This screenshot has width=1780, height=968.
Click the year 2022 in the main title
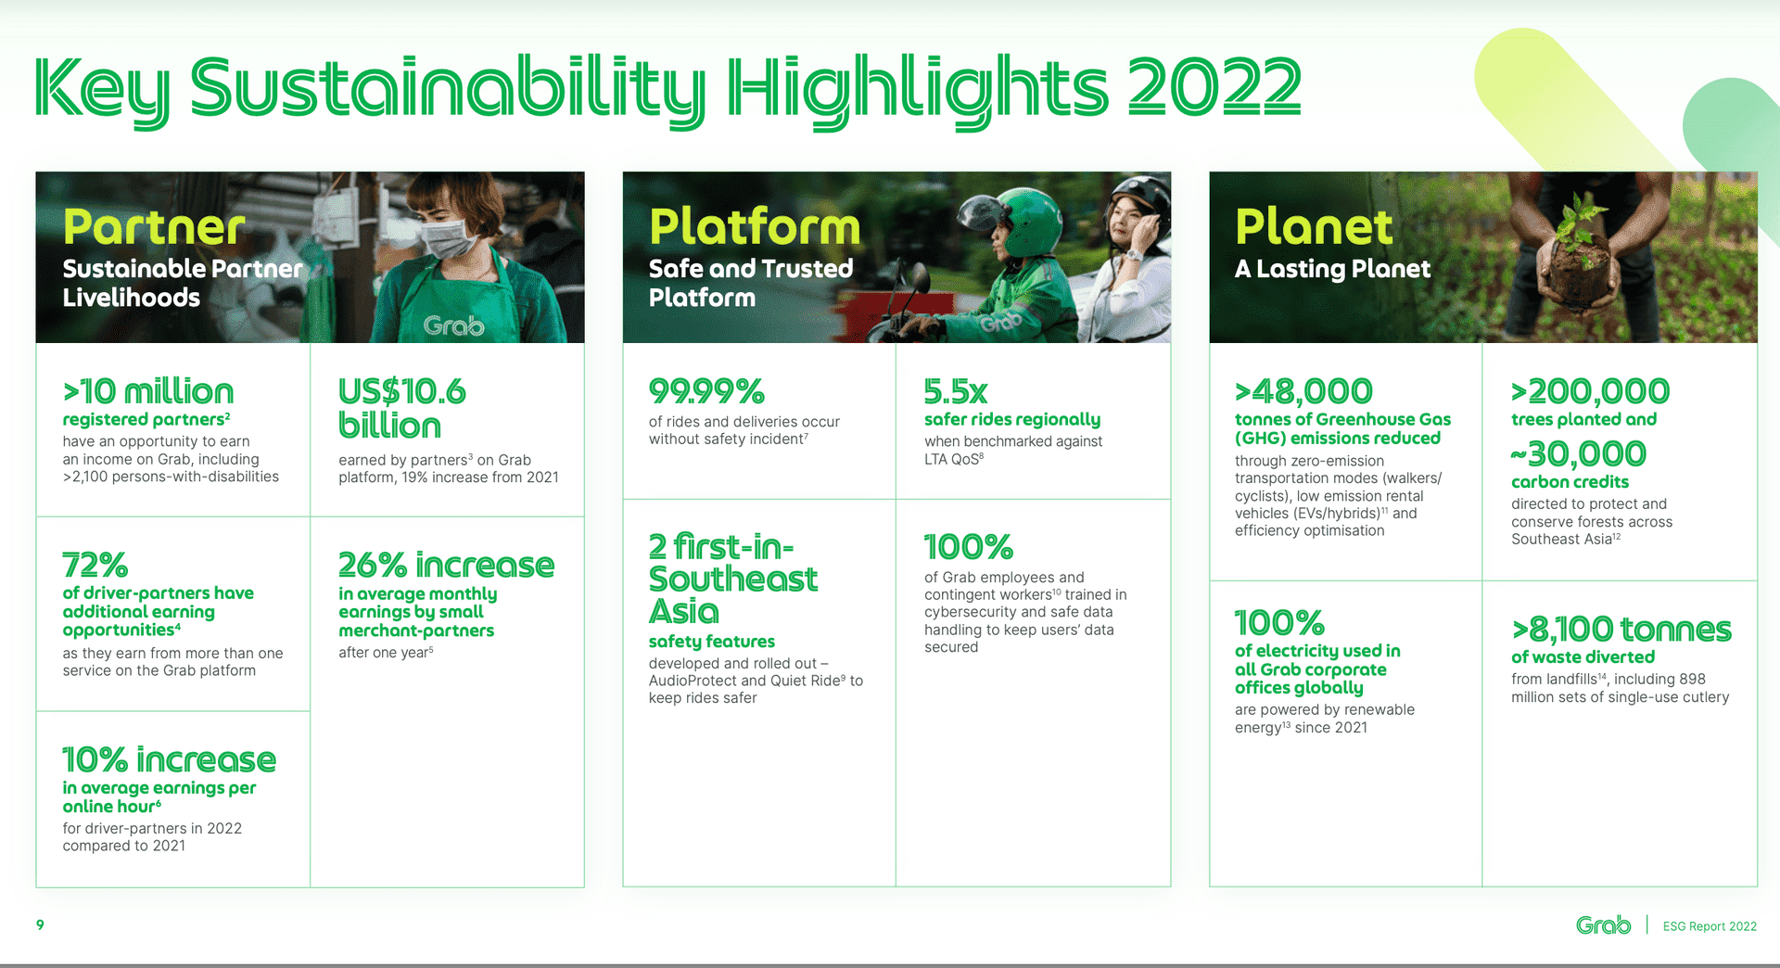1214,85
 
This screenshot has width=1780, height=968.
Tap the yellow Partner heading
154,227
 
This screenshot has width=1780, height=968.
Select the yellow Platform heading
755,227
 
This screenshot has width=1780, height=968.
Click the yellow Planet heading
1314,227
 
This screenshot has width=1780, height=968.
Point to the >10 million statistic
148,391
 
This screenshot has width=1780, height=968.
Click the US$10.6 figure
401,391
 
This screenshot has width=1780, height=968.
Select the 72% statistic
95,565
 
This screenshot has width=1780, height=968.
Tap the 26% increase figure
446,565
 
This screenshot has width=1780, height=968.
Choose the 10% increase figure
169,759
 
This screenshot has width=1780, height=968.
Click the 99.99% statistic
706,391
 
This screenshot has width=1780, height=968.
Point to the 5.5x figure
956,391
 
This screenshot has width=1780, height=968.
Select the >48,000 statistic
1303,391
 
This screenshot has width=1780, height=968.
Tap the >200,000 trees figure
1590,391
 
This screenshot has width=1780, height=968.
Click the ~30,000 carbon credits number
1578,453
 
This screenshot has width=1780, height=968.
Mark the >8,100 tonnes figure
1621,630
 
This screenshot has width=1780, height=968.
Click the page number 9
40,924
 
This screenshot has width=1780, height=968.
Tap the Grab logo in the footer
1603,925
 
